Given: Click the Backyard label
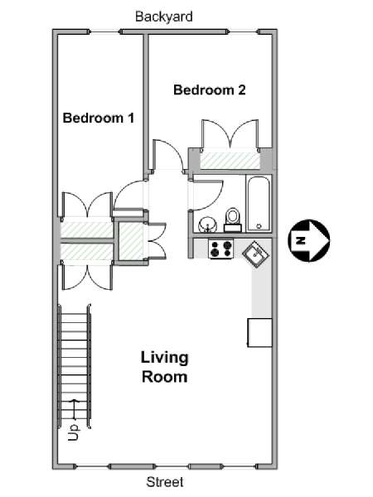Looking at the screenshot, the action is click(163, 17).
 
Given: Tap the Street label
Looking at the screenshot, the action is click(165, 482).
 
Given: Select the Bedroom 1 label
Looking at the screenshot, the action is click(99, 118).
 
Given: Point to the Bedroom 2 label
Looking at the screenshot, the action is click(210, 90).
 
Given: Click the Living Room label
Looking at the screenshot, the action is click(164, 367).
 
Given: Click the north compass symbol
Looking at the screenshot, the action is click(308, 240).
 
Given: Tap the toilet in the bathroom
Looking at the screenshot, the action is click(233, 220).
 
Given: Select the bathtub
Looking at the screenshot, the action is click(259, 204).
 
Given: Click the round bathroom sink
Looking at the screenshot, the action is click(207, 224).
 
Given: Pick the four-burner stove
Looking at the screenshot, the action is click(221, 248).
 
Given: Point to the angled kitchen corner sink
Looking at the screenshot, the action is click(255, 254).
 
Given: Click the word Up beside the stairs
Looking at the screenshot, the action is click(73, 432).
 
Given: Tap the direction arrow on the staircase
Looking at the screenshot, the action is click(75, 409).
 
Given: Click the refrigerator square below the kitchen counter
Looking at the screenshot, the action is click(259, 332).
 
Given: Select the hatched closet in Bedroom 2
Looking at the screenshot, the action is click(230, 161).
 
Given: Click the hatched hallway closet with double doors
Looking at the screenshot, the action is click(130, 241).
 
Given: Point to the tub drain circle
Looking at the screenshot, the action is click(259, 226).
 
